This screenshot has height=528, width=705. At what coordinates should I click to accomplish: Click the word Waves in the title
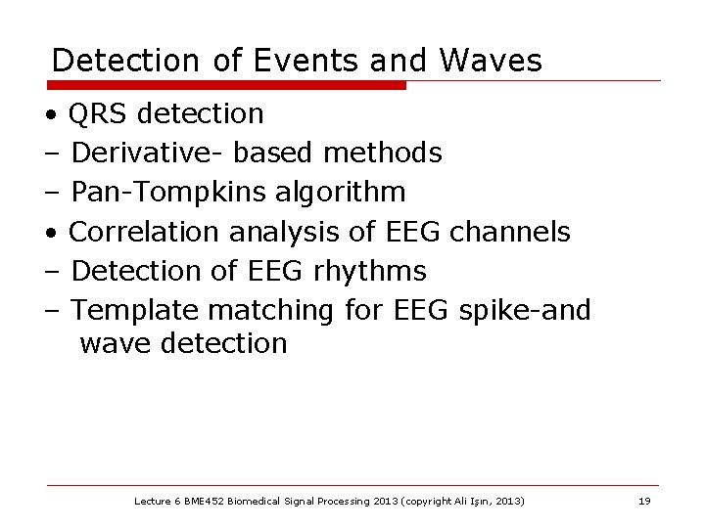point(491,61)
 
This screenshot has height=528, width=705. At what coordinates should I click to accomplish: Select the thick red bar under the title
point(226,85)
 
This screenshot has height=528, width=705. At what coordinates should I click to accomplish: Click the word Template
point(134,310)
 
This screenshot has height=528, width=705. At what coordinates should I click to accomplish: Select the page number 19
point(643,501)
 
